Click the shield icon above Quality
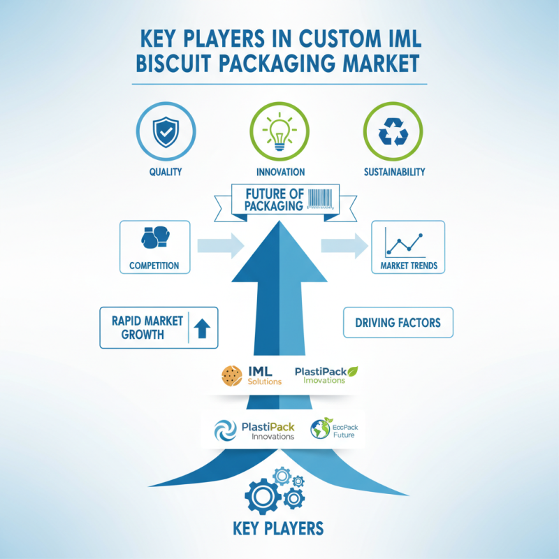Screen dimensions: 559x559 tap(166, 132)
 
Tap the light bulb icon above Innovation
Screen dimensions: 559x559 tap(279, 131)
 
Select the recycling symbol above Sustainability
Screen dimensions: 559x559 tap(393, 132)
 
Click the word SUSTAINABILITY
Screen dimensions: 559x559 tap(394, 172)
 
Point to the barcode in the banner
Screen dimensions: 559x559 tap(321, 198)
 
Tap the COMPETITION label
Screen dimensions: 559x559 tap(154, 266)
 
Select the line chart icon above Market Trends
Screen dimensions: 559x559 tap(405, 242)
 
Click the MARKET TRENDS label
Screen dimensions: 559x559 tap(409, 266)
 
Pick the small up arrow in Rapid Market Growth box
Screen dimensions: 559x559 tap(202, 328)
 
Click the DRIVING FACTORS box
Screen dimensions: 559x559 tap(398, 322)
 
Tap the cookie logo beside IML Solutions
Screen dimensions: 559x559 tap(232, 376)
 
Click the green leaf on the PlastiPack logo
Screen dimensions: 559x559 tap(353, 372)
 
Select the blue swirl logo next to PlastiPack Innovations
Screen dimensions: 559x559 tap(225, 430)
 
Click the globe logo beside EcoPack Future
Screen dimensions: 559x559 tap(321, 428)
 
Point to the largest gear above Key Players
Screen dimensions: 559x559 tap(263, 496)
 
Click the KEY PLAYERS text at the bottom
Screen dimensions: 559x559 tap(278, 528)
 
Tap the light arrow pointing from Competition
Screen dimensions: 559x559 tap(221, 246)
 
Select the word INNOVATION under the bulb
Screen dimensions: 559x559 tap(281, 172)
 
